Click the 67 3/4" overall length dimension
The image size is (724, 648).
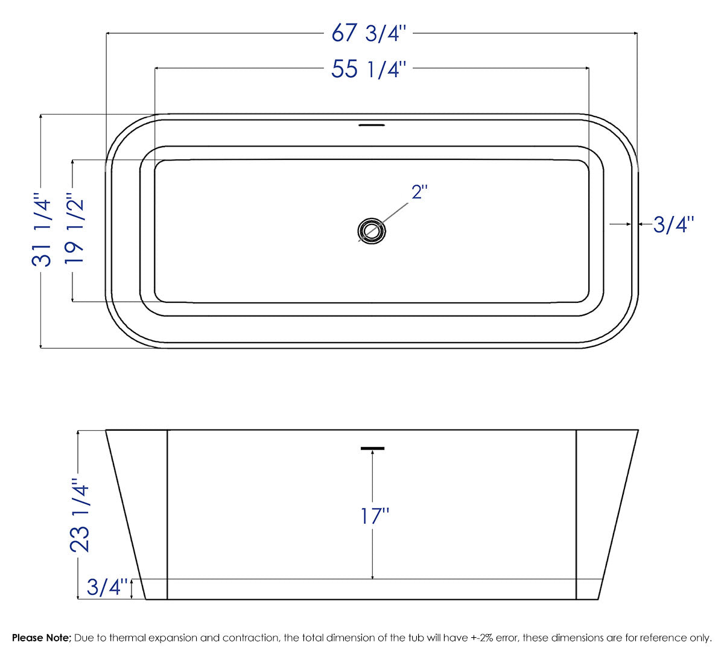click(x=370, y=33)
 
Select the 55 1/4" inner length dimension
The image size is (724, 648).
click(x=370, y=69)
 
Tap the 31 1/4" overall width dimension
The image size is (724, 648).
click(x=42, y=230)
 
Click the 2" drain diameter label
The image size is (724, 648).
click(x=419, y=192)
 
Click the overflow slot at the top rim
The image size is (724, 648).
click(x=372, y=125)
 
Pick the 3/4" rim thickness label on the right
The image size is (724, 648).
click(x=673, y=225)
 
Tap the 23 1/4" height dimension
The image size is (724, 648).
click(x=80, y=515)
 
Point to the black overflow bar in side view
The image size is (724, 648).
click(x=372, y=448)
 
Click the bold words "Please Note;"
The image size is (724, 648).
click(x=42, y=638)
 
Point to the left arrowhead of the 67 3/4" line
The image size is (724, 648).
click(x=109, y=33)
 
